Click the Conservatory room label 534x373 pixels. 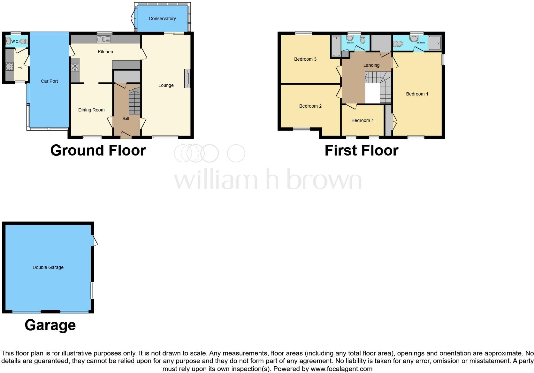[x=162, y=19]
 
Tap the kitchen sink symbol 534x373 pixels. [x=103, y=39]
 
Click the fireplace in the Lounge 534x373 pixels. [x=187, y=78]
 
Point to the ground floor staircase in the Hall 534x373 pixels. [x=134, y=102]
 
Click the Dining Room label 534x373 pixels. [x=91, y=110]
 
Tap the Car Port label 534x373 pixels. [x=49, y=81]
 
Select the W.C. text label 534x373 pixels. [x=15, y=42]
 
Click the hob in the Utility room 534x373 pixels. [x=10, y=66]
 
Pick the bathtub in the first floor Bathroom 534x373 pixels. [x=336, y=46]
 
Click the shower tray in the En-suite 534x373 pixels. [x=434, y=43]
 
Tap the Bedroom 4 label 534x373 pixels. [x=362, y=120]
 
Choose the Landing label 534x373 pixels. [x=371, y=65]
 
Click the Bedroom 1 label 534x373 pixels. [x=417, y=94]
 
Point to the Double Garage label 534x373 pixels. [x=48, y=267]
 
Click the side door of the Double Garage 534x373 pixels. [x=94, y=240]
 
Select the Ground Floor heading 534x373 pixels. [x=98, y=150]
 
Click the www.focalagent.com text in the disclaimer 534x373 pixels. [x=341, y=369]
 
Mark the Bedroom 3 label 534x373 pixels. [x=305, y=59]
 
